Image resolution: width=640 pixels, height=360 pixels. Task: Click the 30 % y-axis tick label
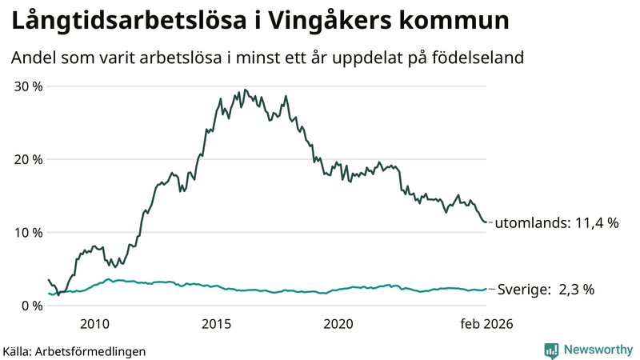pyautogui.click(x=26, y=86)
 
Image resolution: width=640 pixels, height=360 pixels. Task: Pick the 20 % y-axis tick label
pyautogui.click(x=26, y=159)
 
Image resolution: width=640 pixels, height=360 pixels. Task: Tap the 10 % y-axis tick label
pyautogui.click(x=26, y=232)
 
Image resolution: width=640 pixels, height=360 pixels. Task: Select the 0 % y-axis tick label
pyautogui.click(x=30, y=306)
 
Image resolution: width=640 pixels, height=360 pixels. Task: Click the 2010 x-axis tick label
pyautogui.click(x=94, y=324)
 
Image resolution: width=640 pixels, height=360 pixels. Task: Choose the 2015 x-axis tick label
pyautogui.click(x=217, y=324)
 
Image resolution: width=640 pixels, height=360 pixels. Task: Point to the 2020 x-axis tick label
pyautogui.click(x=338, y=324)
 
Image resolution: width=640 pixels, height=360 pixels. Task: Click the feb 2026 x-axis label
pyautogui.click(x=486, y=324)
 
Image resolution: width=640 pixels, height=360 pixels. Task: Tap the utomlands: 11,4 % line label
pyautogui.click(x=557, y=224)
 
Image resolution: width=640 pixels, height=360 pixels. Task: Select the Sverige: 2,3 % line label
pyautogui.click(x=546, y=290)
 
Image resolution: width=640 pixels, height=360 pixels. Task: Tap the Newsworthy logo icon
pyautogui.click(x=551, y=350)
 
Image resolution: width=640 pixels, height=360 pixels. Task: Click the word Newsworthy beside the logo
pyautogui.click(x=597, y=350)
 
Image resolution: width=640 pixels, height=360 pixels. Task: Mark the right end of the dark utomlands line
pyautogui.click(x=486, y=222)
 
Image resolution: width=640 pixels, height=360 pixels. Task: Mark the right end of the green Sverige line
pyautogui.click(x=486, y=289)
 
